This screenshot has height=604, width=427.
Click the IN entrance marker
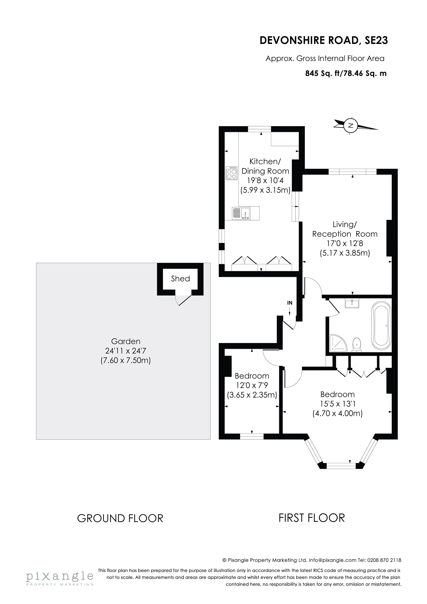pyautogui.click(x=290, y=303)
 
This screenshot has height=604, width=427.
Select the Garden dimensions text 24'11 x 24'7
pyautogui.click(x=126, y=351)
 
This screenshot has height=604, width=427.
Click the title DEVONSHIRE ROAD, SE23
pyautogui.click(x=324, y=40)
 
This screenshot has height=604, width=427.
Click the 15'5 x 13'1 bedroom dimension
pyautogui.click(x=337, y=404)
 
